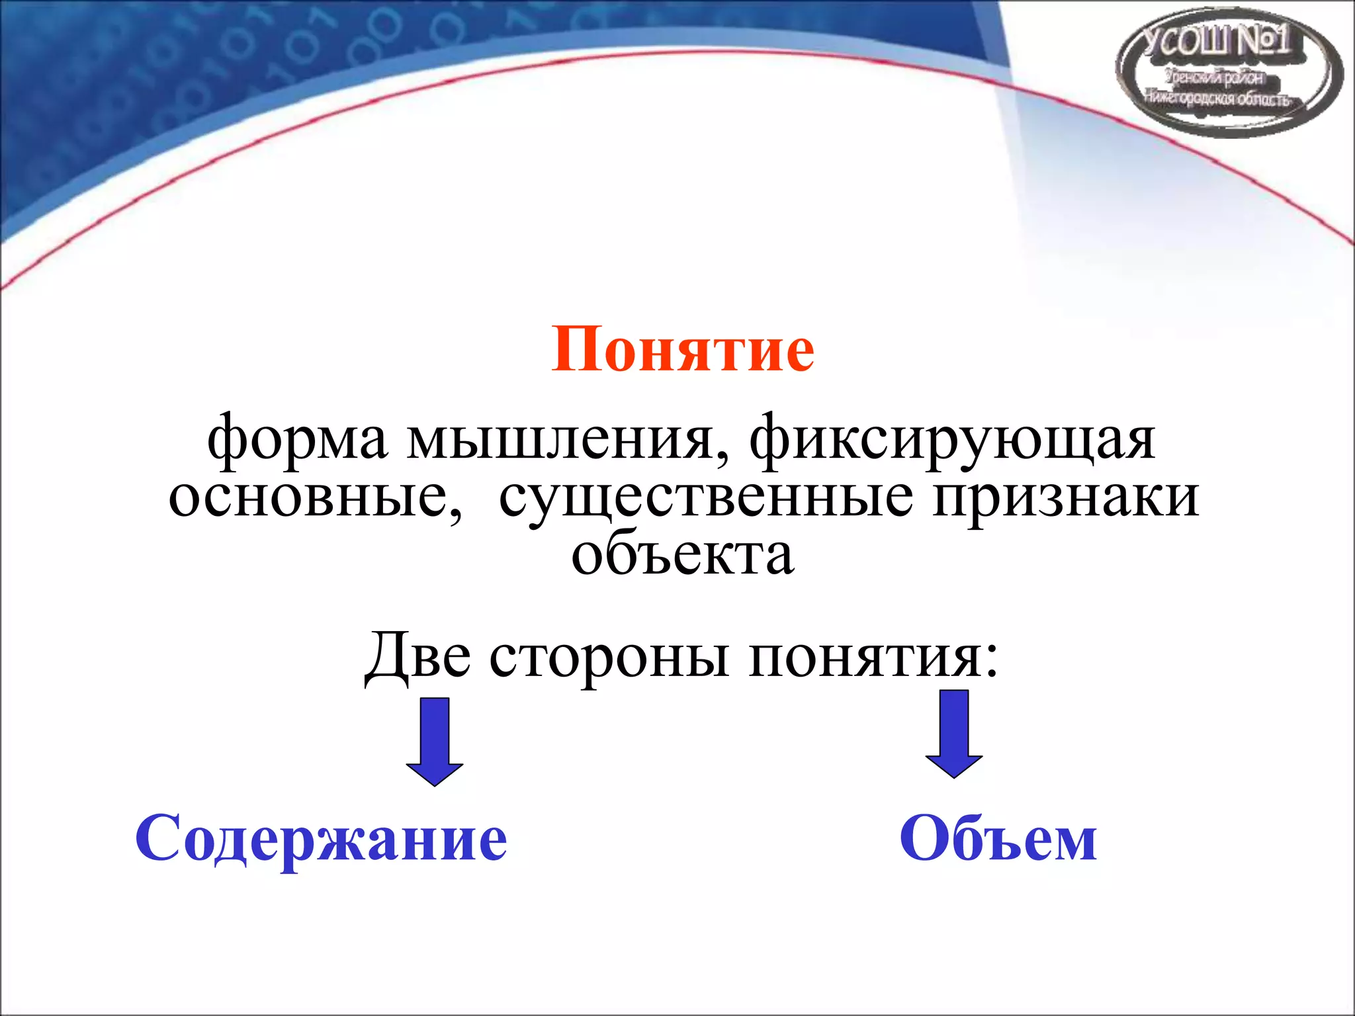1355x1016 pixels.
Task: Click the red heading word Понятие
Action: pos(682,349)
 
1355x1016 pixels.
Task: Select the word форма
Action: pos(297,439)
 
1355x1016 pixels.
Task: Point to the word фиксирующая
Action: pos(953,439)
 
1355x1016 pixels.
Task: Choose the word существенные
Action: pos(707,497)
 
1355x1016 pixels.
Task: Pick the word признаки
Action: pos(1066,497)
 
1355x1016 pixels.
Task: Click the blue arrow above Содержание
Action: pos(435,741)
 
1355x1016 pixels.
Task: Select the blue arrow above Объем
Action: pos(953,734)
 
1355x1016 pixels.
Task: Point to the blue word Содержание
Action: pos(322,839)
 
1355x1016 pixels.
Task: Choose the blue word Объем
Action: pos(998,839)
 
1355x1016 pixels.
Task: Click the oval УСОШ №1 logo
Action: pos(1229,73)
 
